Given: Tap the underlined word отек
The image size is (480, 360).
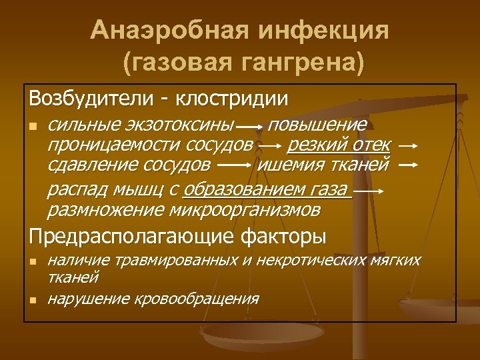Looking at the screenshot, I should click(370, 144).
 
